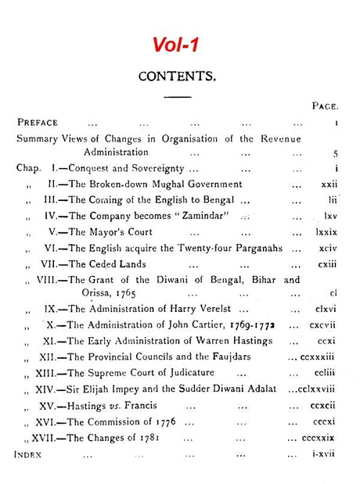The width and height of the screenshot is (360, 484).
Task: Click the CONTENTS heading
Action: [x=177, y=77]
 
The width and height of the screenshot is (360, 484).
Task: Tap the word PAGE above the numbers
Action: [x=323, y=106]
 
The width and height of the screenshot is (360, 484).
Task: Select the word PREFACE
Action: [x=37, y=122]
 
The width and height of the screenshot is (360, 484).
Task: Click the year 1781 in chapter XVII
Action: [x=146, y=438]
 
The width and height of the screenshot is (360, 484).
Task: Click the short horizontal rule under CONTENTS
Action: [x=178, y=96]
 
